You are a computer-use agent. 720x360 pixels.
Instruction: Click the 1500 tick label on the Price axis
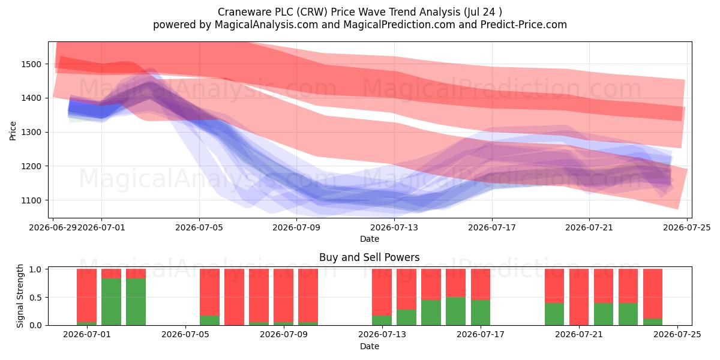(31, 64)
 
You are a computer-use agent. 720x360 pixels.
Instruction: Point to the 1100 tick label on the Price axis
(31, 200)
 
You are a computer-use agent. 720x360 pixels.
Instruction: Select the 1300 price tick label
(31, 133)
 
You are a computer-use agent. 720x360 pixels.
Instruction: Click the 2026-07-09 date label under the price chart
(296, 227)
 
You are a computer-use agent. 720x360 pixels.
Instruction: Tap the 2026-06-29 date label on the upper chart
(53, 227)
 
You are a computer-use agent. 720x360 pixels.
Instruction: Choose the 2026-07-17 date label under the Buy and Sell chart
(481, 334)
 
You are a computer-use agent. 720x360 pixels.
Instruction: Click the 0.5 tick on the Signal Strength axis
(35, 298)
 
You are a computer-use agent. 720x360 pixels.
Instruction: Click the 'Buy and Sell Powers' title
(370, 257)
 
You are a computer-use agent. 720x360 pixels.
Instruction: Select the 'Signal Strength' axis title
(20, 296)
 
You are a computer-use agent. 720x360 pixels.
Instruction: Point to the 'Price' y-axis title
(13, 131)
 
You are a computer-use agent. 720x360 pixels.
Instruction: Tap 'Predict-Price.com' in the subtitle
(524, 25)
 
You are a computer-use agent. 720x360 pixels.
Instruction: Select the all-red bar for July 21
(579, 297)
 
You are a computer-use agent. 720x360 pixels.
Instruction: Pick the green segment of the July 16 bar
(456, 311)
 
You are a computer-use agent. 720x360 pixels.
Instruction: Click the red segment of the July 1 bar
(87, 295)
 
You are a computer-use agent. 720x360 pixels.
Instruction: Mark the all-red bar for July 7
(235, 297)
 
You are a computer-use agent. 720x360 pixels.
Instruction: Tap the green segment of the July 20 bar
(554, 314)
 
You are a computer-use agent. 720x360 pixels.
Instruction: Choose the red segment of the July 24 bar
(653, 294)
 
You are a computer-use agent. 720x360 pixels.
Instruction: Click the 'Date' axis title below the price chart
(370, 239)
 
